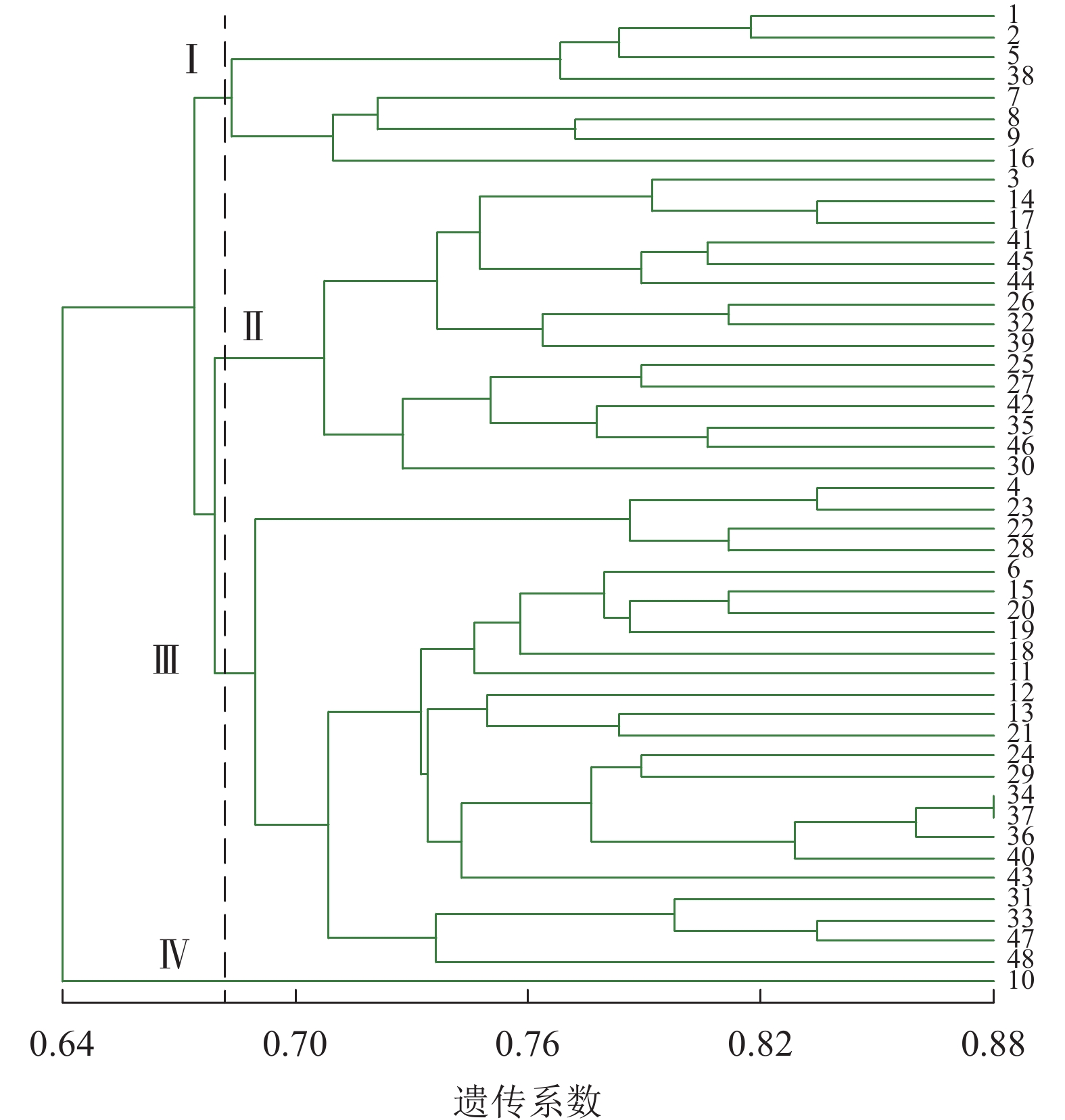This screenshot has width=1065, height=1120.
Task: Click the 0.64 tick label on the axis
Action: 62,1045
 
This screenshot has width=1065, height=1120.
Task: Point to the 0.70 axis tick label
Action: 295,1045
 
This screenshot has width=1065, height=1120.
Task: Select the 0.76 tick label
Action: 527,1045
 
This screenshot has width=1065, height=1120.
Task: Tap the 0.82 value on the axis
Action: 760,1045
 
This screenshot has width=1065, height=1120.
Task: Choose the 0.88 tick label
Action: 993,1045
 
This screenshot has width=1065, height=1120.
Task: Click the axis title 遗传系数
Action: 527,1100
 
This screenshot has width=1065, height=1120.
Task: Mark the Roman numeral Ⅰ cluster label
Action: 191,59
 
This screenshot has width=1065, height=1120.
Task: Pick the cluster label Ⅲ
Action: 166,660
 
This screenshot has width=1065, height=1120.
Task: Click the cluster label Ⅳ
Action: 174,954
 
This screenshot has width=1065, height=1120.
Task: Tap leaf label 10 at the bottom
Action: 1020,980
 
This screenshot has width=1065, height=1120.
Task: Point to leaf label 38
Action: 1020,76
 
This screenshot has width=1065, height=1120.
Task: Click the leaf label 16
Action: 1020,160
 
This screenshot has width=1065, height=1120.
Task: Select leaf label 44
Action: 1020,281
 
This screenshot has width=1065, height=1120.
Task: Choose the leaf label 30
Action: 1020,467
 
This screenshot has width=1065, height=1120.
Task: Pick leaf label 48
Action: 1020,960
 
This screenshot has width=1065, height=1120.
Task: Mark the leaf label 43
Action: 1020,878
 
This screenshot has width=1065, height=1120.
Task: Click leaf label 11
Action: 1020,672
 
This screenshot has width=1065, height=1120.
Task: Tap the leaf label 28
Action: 1020,549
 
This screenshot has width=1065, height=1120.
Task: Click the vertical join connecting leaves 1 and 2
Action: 751,27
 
